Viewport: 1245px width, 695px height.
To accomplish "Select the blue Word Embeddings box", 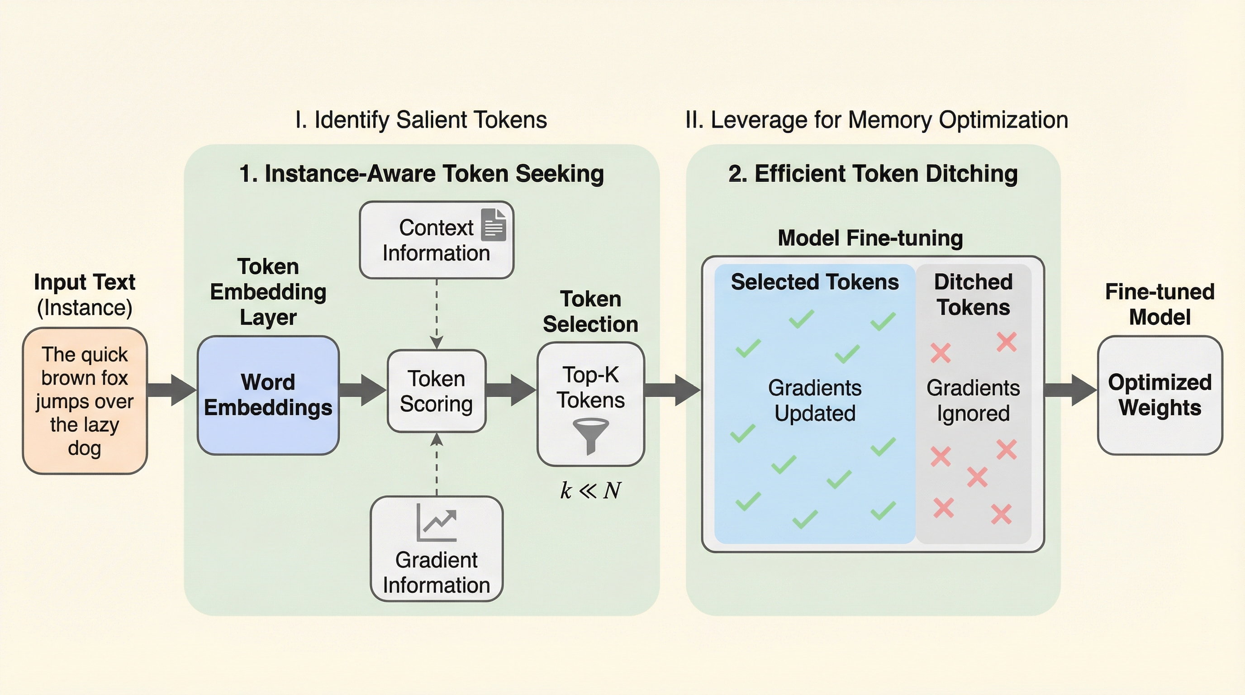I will pos(268,395).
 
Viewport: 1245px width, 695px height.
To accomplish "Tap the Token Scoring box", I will pos(437,391).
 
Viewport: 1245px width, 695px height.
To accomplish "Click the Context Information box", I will pos(437,240).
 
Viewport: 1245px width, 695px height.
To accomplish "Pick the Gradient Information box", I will pos(437,549).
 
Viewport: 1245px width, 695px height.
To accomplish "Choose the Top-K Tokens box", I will pos(590,404).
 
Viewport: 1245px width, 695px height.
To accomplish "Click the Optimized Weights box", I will pos(1160,395).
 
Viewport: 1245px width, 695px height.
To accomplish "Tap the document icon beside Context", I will pos(494,225).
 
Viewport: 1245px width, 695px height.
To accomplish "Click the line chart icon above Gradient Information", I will pos(437,523).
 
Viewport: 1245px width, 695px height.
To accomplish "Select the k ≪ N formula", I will pos(590,490).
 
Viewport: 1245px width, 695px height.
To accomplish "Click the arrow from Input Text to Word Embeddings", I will pos(171,390).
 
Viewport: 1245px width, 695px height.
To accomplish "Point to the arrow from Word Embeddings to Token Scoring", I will pos(362,390).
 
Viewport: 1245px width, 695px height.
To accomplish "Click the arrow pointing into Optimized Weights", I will pos(1070,390).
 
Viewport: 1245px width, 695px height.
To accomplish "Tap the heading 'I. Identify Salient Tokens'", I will pos(421,120).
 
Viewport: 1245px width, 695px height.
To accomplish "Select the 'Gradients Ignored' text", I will pos(973,400).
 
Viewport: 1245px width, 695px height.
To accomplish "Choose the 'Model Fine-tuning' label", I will pos(870,238).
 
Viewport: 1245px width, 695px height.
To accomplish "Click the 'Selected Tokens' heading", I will pos(815,282).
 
